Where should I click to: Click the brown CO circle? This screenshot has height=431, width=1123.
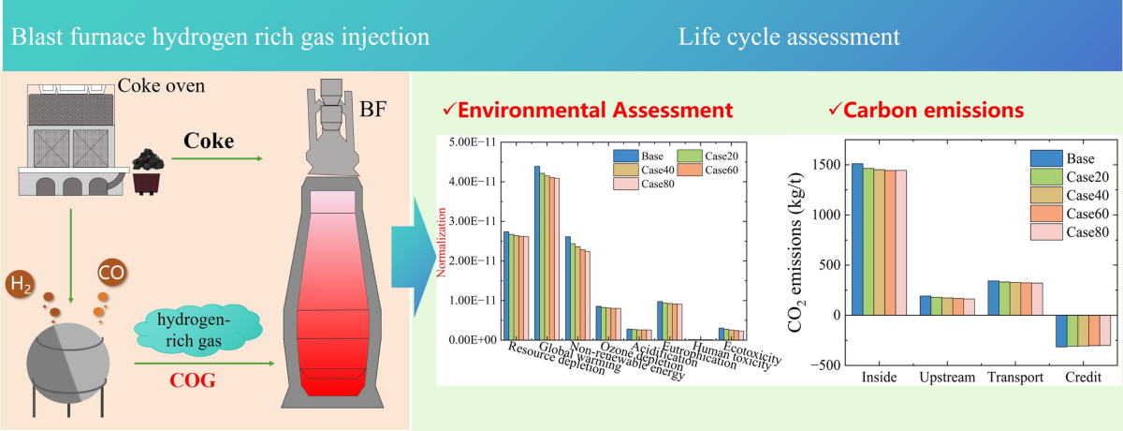tap(111, 275)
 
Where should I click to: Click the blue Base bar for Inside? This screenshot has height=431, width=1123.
tap(857, 239)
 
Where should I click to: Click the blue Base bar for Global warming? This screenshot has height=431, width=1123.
tap(537, 252)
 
